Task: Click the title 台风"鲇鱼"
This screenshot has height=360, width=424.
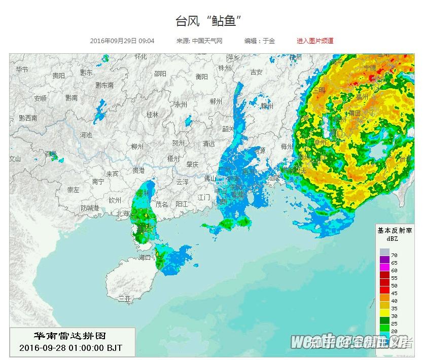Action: pyautogui.click(x=208, y=21)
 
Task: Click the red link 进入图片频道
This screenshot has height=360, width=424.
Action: pyautogui.click(x=315, y=41)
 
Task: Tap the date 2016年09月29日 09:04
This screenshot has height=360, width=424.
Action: pyautogui.click(x=122, y=41)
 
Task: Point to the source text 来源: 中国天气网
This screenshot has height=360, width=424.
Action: pyautogui.click(x=199, y=41)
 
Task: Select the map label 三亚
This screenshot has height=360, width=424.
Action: pyautogui.click(x=124, y=299)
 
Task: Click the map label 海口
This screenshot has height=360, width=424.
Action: pyautogui.click(x=145, y=258)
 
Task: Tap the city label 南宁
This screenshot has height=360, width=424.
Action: pyautogui.click(x=98, y=181)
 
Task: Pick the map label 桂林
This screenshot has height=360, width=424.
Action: pyautogui.click(x=152, y=115)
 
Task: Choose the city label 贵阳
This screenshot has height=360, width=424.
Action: pyautogui.click(x=58, y=76)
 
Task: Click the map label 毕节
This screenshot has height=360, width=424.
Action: pyautogui.click(x=22, y=69)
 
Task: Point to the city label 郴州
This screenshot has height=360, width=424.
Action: pyautogui.click(x=216, y=101)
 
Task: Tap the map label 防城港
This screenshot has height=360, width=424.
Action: pyautogui.click(x=90, y=208)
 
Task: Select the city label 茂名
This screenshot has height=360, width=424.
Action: pyautogui.click(x=161, y=204)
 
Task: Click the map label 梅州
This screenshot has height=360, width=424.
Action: pyautogui.click(x=287, y=147)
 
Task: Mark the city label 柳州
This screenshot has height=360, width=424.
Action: pyautogui.click(x=137, y=147)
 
